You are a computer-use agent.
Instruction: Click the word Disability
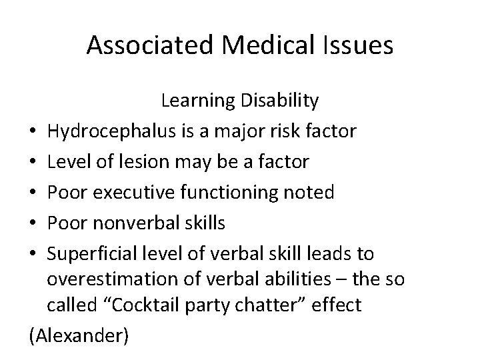(x=279, y=101)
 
